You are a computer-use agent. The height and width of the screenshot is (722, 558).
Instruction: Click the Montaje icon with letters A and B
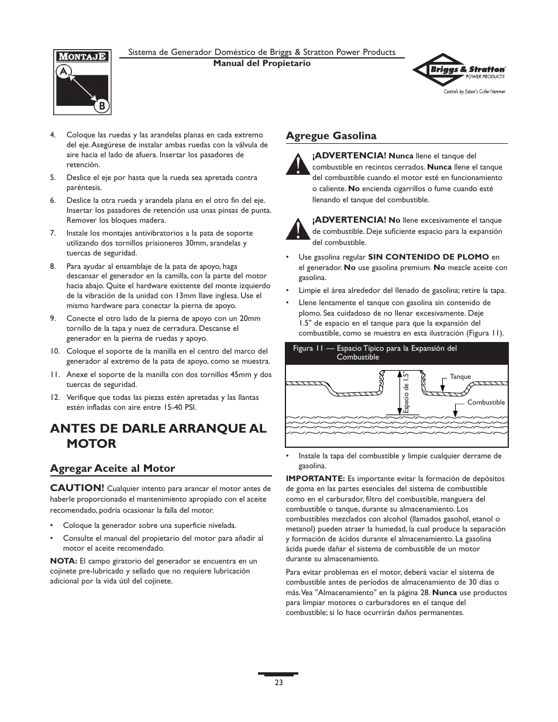click(82, 82)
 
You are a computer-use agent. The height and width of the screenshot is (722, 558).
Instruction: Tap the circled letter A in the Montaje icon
click(63, 71)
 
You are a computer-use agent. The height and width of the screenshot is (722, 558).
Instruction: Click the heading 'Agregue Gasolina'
click(331, 136)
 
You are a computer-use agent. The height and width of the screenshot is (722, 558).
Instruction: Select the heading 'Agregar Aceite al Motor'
click(112, 468)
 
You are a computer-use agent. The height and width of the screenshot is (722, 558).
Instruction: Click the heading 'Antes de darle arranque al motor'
click(158, 436)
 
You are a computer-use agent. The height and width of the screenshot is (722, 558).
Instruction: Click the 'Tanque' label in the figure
click(460, 377)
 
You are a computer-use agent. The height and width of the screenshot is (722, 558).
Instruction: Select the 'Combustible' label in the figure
click(485, 402)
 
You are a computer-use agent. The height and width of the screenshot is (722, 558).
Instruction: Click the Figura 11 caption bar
click(396, 353)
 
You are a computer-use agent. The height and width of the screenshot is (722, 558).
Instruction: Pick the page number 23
click(278, 682)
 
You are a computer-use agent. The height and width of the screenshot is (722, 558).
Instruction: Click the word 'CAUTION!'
click(77, 488)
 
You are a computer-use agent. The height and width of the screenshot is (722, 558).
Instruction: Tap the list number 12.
click(55, 398)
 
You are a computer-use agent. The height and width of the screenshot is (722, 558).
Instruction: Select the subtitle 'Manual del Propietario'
click(261, 63)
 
